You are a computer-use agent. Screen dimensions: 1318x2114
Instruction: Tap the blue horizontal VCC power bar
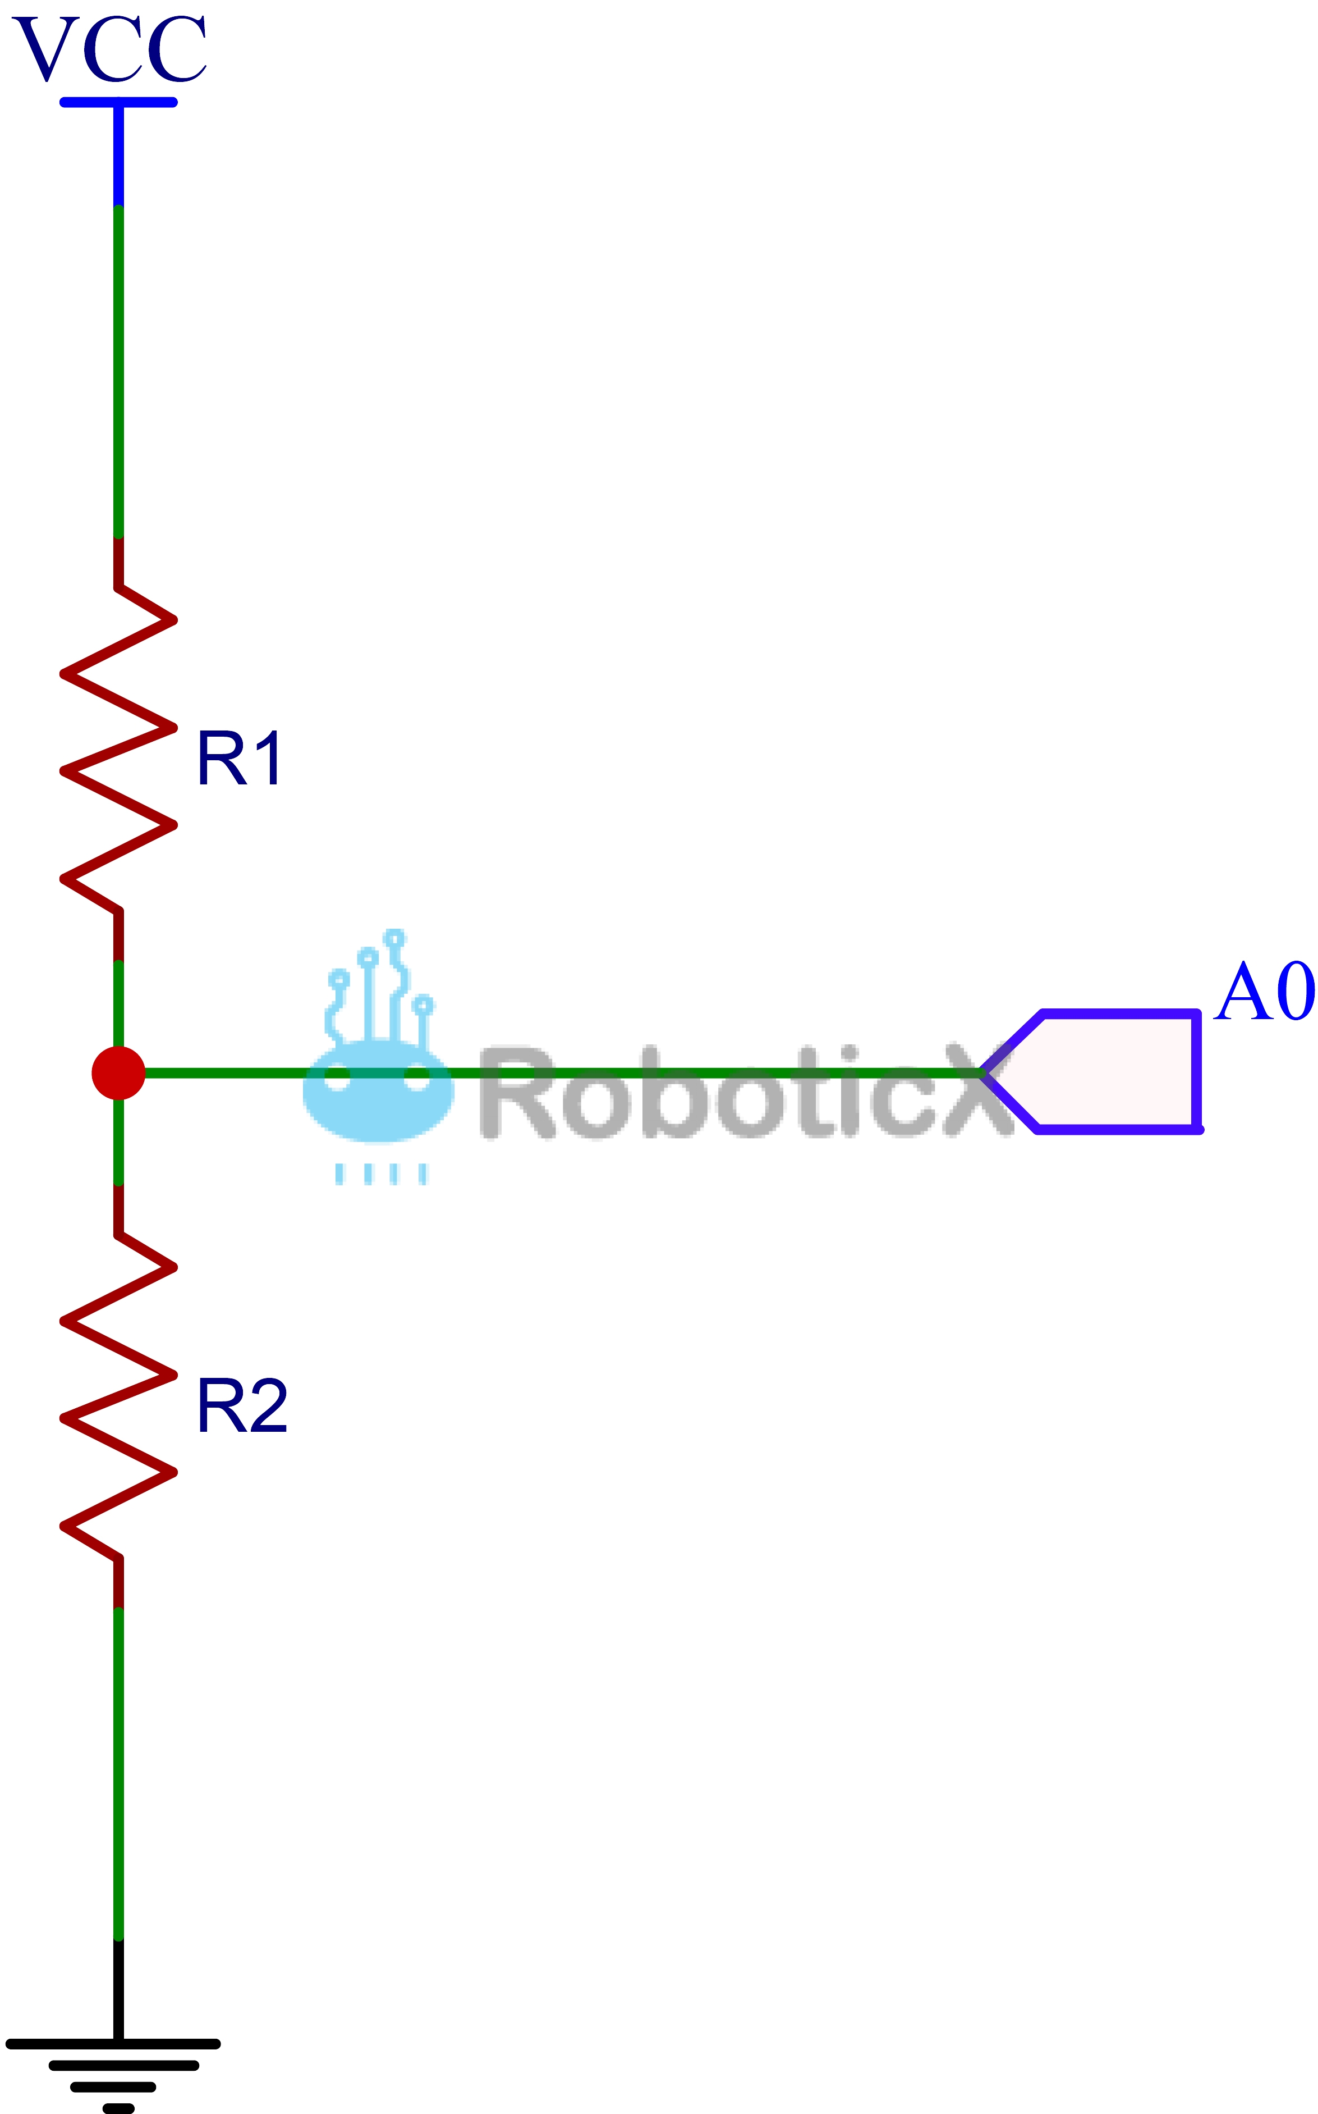(x=118, y=102)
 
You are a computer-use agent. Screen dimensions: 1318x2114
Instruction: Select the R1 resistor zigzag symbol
(x=118, y=748)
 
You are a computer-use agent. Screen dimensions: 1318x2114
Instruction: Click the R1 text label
(x=239, y=759)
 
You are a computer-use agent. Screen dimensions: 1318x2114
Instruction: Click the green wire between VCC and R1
(x=118, y=372)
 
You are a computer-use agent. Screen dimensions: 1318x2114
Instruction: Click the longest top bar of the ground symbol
(x=113, y=2043)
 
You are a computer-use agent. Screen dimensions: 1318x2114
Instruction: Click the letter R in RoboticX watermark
(x=521, y=1092)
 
